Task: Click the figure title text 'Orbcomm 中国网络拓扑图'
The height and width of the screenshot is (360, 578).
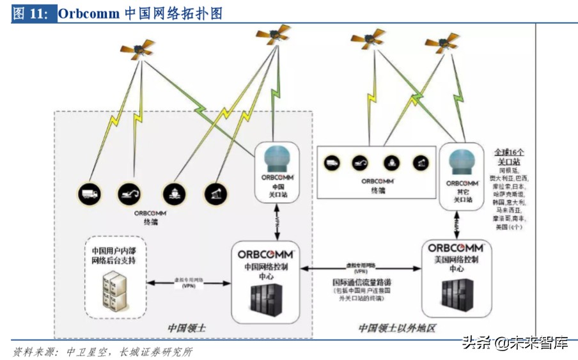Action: pos(141,13)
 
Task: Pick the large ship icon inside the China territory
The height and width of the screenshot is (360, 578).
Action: pos(173,192)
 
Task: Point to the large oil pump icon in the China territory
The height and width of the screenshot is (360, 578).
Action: pos(214,192)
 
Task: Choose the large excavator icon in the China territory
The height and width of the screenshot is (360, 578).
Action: pos(130,192)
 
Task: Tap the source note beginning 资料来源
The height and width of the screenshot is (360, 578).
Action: pos(102,352)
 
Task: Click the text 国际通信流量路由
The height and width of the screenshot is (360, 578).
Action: pos(361,281)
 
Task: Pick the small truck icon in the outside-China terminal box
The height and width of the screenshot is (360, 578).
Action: pos(331,163)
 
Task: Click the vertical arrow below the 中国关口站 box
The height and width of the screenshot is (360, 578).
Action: pos(277,221)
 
